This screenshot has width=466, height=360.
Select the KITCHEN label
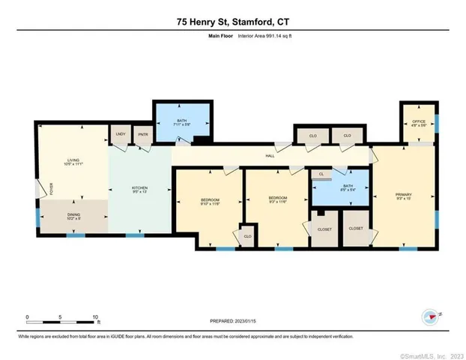tap(140, 189)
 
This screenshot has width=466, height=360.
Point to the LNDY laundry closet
tap(120, 136)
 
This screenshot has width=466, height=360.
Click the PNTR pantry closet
tap(142, 136)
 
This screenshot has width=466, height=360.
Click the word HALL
tap(270, 156)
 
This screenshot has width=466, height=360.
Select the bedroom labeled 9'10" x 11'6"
tap(209, 201)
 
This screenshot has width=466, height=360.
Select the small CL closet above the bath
tap(321, 174)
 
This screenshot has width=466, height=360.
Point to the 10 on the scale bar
tap(95, 316)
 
